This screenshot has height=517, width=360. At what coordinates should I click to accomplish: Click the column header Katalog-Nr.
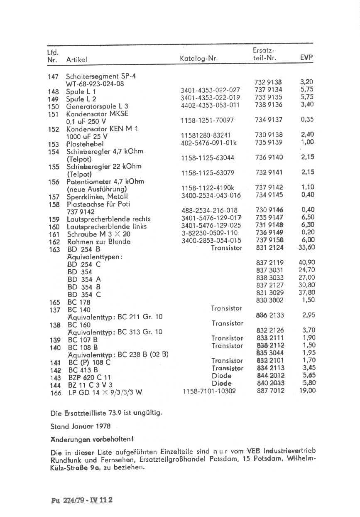click(199, 59)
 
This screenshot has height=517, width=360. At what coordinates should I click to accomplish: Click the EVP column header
click(306, 58)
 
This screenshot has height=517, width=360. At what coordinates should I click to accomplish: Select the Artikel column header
click(77, 60)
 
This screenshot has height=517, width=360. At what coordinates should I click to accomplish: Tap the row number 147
click(53, 77)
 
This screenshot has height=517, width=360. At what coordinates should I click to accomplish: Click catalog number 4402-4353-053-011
click(211, 105)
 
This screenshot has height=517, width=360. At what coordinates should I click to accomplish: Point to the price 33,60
click(307, 247)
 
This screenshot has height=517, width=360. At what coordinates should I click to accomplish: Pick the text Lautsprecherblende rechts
click(108, 219)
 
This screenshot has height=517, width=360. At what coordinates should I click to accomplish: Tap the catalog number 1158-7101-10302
click(209, 391)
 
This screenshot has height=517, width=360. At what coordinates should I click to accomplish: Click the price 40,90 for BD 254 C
click(307, 262)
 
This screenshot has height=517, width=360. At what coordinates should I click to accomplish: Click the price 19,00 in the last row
click(307, 391)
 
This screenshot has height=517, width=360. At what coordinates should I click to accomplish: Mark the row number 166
click(55, 393)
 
